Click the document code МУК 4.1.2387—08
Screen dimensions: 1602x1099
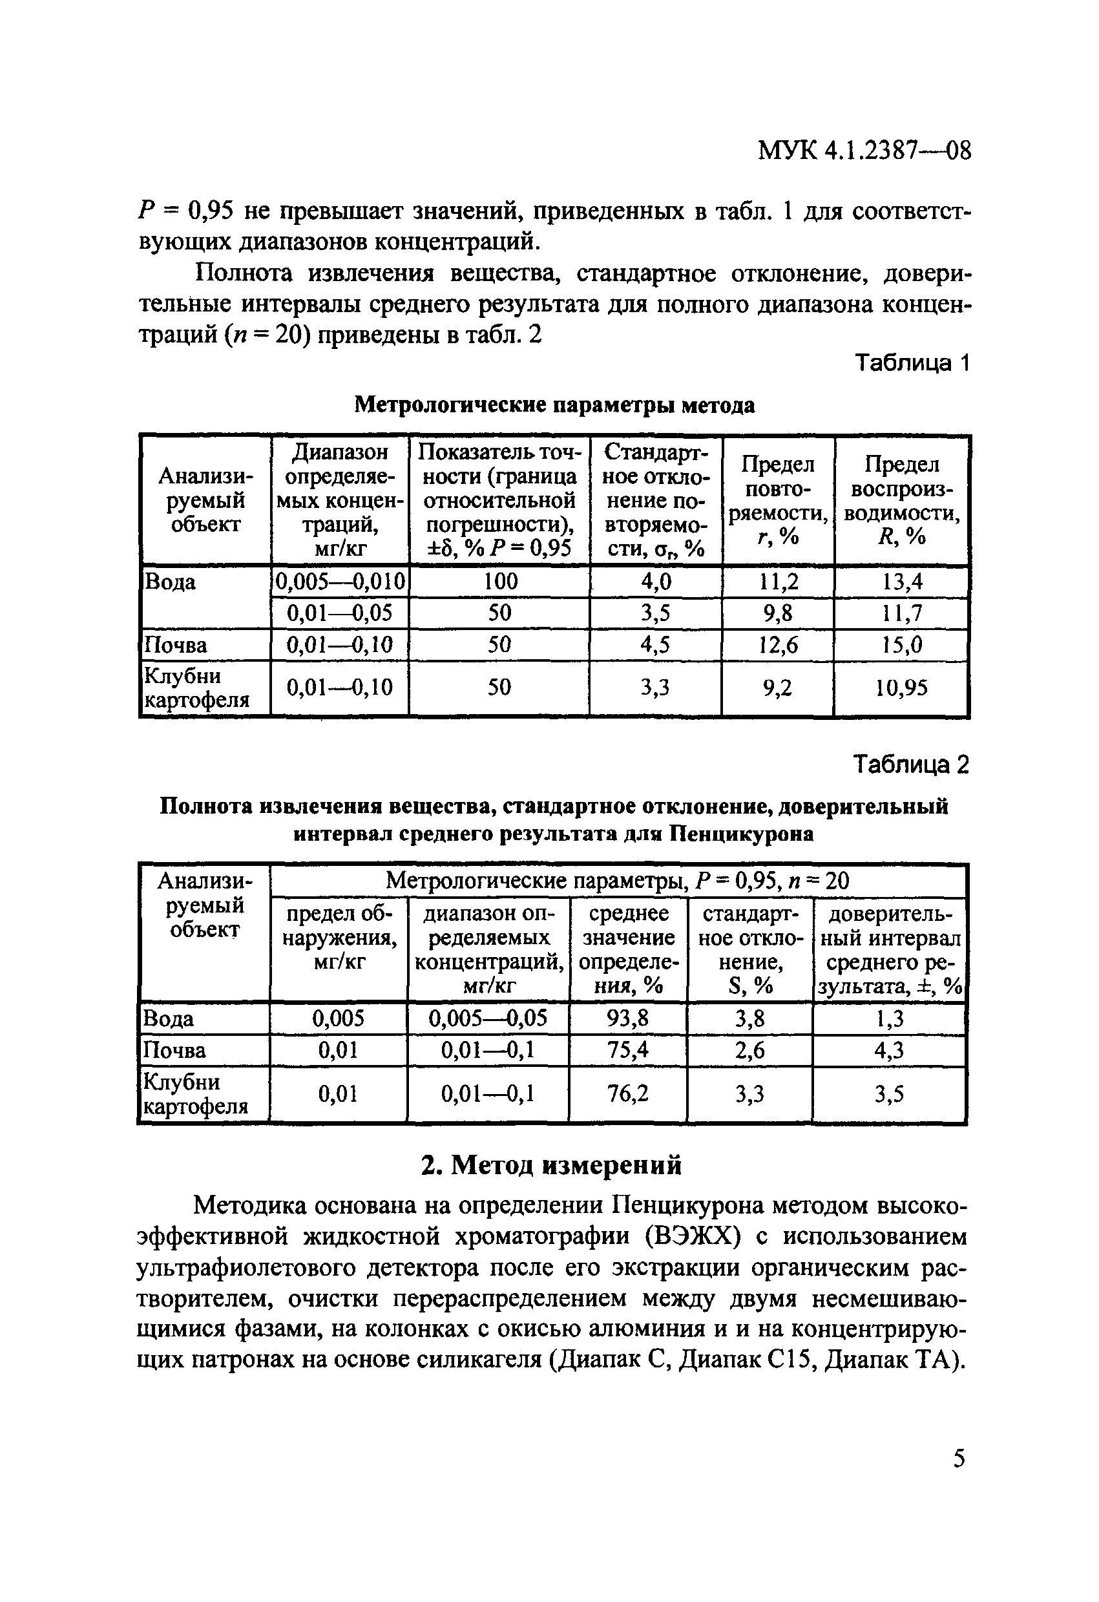coord(864,151)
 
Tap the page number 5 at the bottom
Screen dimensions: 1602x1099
coord(958,1459)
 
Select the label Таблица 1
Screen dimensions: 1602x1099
coord(912,363)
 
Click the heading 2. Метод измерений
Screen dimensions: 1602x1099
coord(551,1165)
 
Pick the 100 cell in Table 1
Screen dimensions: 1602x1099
coord(500,582)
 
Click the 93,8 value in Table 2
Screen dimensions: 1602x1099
coord(628,1019)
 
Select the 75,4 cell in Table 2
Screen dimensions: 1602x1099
coord(628,1050)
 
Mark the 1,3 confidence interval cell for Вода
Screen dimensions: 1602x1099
coord(890,1019)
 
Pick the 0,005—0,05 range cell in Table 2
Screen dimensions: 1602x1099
coord(488,1019)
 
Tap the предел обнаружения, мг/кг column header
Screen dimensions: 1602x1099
coord(339,938)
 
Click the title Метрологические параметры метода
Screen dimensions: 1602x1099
coord(554,405)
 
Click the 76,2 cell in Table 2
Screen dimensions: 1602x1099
coord(628,1094)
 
